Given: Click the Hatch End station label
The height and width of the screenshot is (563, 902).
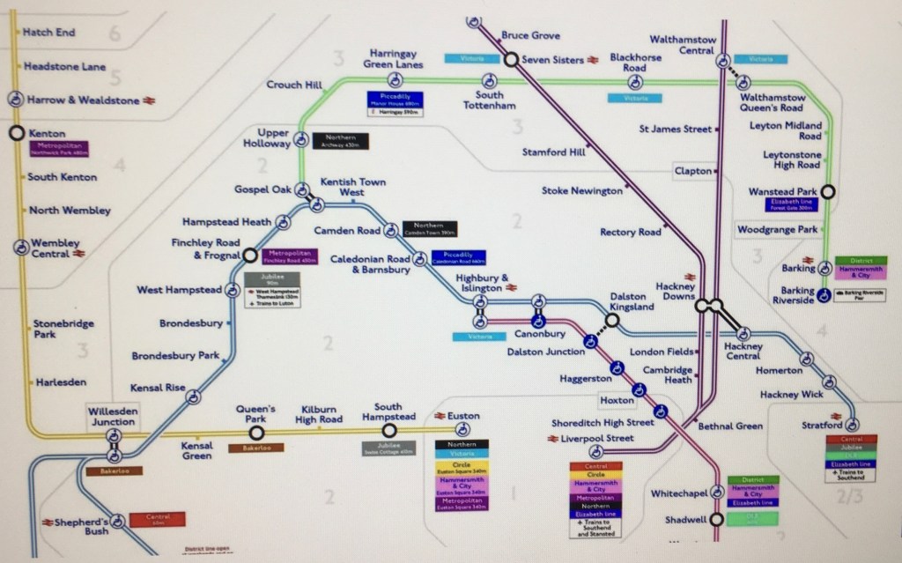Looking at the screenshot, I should point(48,33).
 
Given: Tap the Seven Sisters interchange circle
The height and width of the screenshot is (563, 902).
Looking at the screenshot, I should point(510,59).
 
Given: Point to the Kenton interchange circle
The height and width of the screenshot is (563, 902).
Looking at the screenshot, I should point(16,133).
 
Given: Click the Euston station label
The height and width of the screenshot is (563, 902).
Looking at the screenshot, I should point(464,415).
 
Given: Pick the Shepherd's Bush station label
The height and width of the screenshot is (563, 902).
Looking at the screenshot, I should point(74,523).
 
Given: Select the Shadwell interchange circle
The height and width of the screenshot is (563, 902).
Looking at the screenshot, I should point(717,519).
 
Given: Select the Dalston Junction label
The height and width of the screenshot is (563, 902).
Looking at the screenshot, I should point(546,352).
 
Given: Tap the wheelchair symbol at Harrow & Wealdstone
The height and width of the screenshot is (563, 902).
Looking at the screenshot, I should point(16,100).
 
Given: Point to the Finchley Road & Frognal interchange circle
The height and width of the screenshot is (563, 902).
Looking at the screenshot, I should point(250,256).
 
